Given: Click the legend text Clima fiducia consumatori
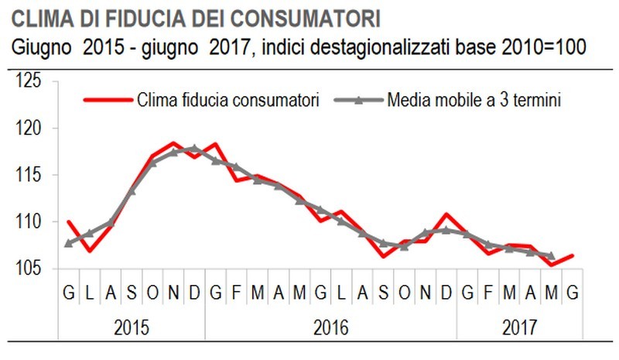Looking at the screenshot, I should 228,101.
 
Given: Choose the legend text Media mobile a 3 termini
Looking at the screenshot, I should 474,101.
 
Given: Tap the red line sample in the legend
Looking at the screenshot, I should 108,101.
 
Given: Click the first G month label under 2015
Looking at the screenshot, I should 68,292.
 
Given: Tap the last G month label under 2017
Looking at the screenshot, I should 572,292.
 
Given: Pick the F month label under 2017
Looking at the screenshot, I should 488,292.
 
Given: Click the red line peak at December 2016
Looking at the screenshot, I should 446,214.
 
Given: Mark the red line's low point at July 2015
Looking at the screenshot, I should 89,251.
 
